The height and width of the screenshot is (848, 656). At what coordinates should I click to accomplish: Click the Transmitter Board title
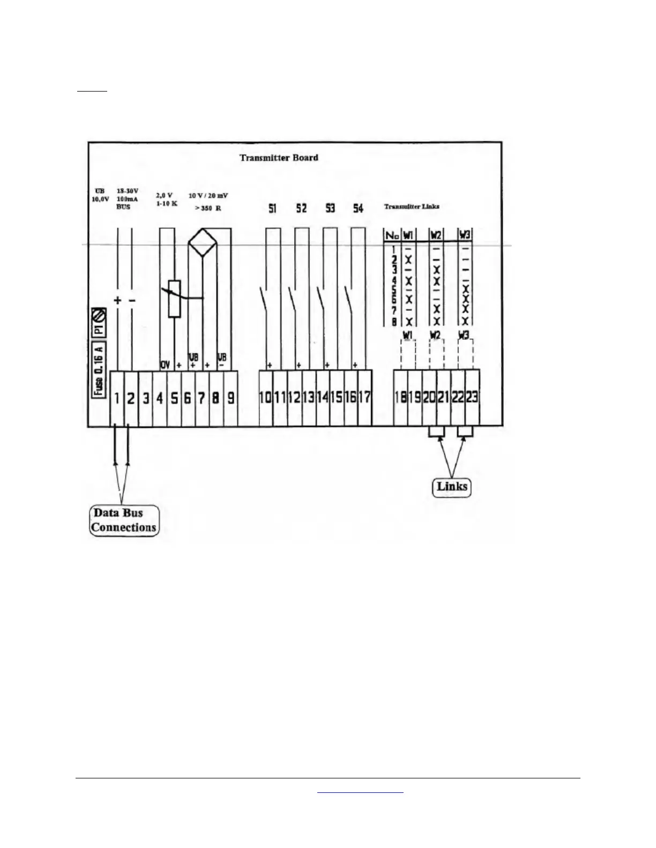pos(279,158)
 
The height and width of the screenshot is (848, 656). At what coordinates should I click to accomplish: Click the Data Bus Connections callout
pos(124,520)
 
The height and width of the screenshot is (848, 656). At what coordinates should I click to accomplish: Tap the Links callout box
pos(452,487)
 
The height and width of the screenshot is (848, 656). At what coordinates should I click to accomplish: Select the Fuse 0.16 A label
pos(99,369)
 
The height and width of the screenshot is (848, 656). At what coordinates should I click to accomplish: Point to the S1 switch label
pos(272,208)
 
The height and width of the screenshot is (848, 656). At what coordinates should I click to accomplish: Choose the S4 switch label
pos(358,208)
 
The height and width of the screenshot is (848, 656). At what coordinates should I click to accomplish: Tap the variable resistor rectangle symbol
pos(174,299)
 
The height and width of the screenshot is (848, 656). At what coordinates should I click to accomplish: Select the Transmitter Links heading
pos(412,206)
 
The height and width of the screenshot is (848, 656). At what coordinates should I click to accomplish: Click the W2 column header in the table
pos(436,235)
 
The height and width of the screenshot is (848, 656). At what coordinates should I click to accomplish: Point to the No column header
pos(393,235)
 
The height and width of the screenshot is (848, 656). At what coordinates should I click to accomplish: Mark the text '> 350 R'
pos(207,208)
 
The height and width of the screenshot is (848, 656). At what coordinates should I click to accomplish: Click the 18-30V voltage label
pos(128,191)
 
